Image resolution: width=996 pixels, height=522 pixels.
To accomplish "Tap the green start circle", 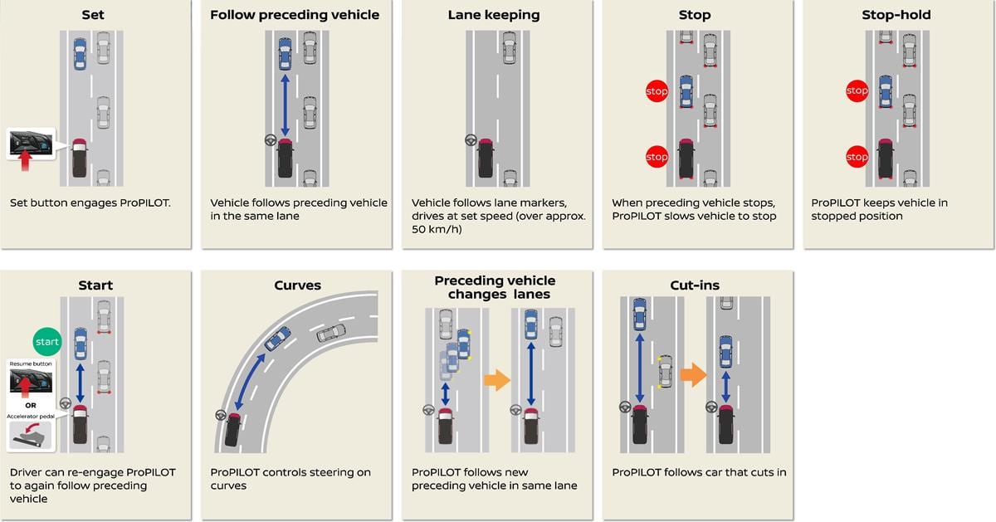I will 47,341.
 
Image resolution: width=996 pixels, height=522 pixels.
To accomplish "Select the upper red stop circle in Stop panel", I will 657,91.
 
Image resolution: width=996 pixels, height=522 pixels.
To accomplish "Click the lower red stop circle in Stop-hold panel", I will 857,157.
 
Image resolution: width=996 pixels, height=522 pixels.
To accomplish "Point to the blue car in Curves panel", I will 278,338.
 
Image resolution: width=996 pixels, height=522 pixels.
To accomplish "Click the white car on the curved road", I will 331,333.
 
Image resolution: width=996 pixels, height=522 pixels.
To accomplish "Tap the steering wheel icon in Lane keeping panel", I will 471,140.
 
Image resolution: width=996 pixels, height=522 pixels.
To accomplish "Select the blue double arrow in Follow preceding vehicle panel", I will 286,105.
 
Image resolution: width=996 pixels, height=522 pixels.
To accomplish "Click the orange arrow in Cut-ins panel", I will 693,375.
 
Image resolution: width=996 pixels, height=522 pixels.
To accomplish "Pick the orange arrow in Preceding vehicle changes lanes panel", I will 496,381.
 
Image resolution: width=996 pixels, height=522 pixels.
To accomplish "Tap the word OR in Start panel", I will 30,406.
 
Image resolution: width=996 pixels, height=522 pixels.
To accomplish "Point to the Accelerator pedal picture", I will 30,434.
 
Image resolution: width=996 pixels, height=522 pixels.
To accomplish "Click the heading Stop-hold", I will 896,15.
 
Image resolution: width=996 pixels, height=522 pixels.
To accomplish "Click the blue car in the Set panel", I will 80,53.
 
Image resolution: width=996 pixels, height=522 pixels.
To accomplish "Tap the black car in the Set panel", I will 79,158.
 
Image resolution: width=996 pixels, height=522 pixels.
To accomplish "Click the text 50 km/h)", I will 432,229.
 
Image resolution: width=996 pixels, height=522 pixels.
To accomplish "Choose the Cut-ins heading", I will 695,285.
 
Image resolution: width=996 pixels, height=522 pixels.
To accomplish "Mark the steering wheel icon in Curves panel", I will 221,414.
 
